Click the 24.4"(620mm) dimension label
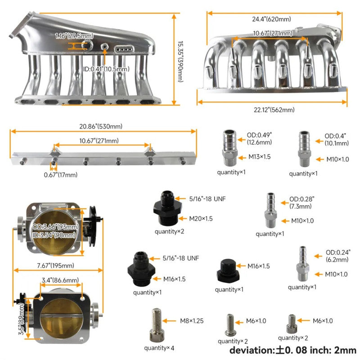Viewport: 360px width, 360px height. click(271, 19)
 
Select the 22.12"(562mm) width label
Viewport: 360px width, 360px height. click(272, 110)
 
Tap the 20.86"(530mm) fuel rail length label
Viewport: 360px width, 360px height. click(102, 126)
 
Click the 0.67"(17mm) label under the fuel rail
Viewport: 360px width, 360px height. click(61, 175)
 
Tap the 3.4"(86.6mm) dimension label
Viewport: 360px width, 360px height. click(61, 280)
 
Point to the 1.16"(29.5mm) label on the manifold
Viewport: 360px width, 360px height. click(74, 36)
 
